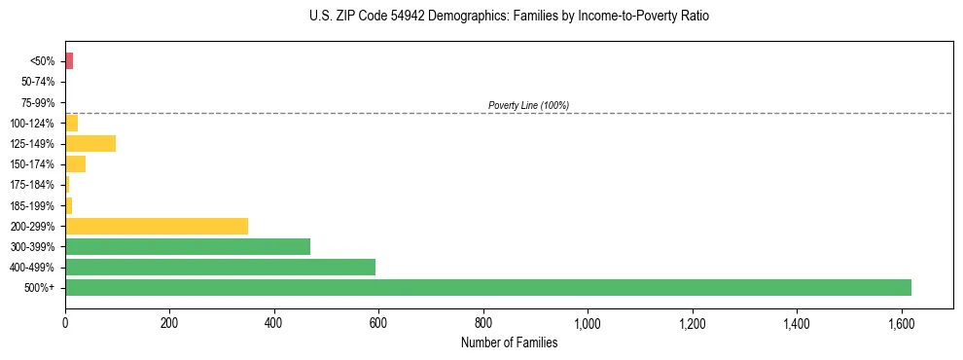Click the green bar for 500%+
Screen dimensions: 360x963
coord(487,287)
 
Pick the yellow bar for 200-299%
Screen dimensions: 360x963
coord(157,226)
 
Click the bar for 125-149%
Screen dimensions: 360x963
coord(90,143)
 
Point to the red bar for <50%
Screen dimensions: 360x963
coord(69,61)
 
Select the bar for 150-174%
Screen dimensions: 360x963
coord(75,163)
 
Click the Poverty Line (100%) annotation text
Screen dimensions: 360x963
coord(528,105)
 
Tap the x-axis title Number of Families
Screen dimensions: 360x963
coord(509,342)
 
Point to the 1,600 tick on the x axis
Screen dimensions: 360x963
coord(901,322)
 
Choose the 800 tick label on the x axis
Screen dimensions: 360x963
coord(483,322)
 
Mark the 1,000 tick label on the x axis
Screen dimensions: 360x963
coord(588,322)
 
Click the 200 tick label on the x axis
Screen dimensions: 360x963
coord(169,322)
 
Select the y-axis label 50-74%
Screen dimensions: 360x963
coord(38,82)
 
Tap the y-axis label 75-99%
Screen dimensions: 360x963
coord(38,102)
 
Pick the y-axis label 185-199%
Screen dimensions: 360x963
coord(33,205)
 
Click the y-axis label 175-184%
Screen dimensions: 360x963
coord(33,185)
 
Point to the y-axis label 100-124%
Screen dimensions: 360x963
coord(33,123)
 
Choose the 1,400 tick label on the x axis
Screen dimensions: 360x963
coord(797,322)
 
